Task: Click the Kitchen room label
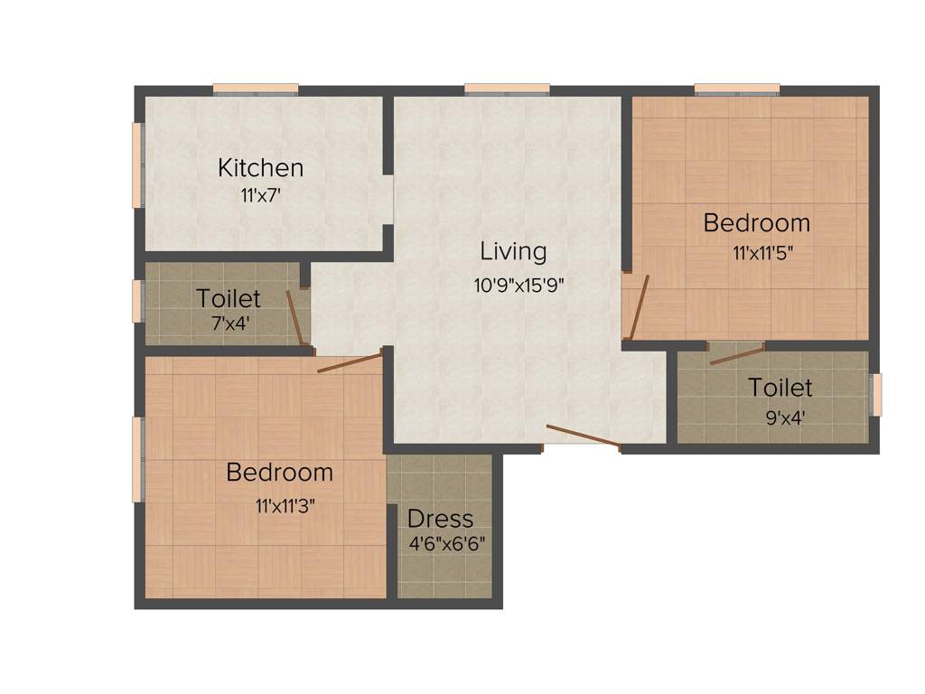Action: (260, 168)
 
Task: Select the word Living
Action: (512, 250)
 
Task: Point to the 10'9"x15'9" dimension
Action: (519, 286)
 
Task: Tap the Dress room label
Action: (440, 519)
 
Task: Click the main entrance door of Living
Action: (583, 436)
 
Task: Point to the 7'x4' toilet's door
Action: (294, 317)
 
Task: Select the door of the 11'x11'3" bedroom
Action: (350, 362)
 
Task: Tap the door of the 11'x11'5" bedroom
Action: (639, 308)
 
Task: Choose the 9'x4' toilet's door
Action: (736, 353)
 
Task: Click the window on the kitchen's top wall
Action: (256, 89)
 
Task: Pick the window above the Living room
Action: (507, 89)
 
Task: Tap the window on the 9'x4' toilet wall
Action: (875, 395)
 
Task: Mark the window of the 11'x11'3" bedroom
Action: (138, 459)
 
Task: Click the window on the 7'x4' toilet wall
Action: (138, 301)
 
